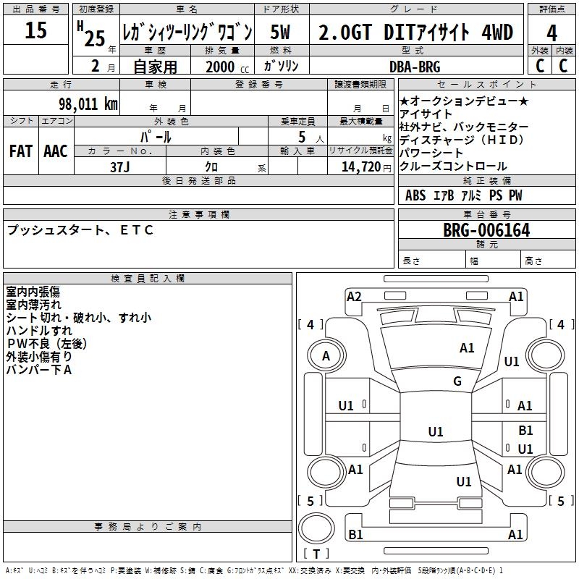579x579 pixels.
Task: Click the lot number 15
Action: click(x=35, y=30)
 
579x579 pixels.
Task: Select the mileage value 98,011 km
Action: click(x=88, y=104)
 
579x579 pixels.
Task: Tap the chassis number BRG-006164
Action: click(x=486, y=230)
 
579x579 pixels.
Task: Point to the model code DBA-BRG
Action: click(x=415, y=67)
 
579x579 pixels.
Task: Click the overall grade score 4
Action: click(x=551, y=33)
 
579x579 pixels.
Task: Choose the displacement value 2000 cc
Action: click(x=227, y=67)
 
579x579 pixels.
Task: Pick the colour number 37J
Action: click(x=119, y=167)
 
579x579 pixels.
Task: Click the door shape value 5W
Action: click(x=280, y=32)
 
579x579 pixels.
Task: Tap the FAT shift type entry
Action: click(x=21, y=151)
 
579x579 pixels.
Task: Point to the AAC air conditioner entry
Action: click(x=56, y=151)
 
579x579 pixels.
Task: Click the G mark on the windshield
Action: click(x=457, y=381)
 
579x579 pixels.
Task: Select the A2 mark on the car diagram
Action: click(x=354, y=297)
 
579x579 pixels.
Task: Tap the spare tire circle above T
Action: click(x=316, y=528)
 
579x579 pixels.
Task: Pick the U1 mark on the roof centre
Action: click(x=436, y=431)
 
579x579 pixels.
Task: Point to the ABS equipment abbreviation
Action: click(x=415, y=195)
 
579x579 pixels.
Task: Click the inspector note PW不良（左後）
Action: click(x=46, y=343)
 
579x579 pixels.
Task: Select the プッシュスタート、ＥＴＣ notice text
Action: click(x=80, y=230)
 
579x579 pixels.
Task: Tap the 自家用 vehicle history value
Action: click(x=155, y=67)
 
